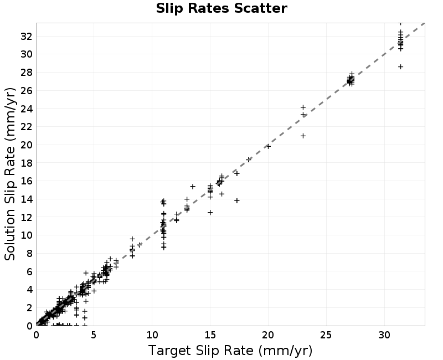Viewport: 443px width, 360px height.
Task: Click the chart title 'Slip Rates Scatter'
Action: tap(221, 8)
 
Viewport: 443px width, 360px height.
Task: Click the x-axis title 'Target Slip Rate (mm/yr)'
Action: tap(230, 351)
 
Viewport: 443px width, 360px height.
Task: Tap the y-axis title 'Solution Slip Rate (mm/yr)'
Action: tap(10, 174)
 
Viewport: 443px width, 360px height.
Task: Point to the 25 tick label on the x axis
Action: tap(326, 335)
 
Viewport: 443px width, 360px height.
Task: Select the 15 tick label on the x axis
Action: tap(210, 335)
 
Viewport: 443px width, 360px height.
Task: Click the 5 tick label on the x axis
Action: tap(94, 335)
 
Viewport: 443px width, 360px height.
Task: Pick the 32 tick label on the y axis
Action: tap(27, 36)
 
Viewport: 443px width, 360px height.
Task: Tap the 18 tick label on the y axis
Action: tap(27, 163)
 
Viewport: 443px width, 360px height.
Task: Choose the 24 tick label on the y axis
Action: tap(27, 109)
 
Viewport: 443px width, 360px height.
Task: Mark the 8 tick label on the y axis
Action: tap(30, 254)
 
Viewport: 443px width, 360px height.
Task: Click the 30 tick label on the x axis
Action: tap(384, 335)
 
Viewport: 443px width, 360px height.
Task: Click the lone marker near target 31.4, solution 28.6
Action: tap(400, 66)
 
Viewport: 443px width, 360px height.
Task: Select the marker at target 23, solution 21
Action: tap(303, 136)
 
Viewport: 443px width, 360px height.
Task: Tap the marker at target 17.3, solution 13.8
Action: tap(237, 200)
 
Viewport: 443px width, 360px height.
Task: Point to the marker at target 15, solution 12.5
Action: tap(210, 213)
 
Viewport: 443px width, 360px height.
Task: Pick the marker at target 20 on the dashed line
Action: tap(268, 146)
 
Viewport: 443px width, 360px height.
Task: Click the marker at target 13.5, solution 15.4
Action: tap(193, 187)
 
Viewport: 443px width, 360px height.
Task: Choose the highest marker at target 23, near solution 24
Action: tap(303, 107)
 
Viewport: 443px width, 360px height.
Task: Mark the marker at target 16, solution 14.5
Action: tap(222, 194)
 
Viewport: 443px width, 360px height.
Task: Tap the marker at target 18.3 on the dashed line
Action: tap(249, 160)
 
